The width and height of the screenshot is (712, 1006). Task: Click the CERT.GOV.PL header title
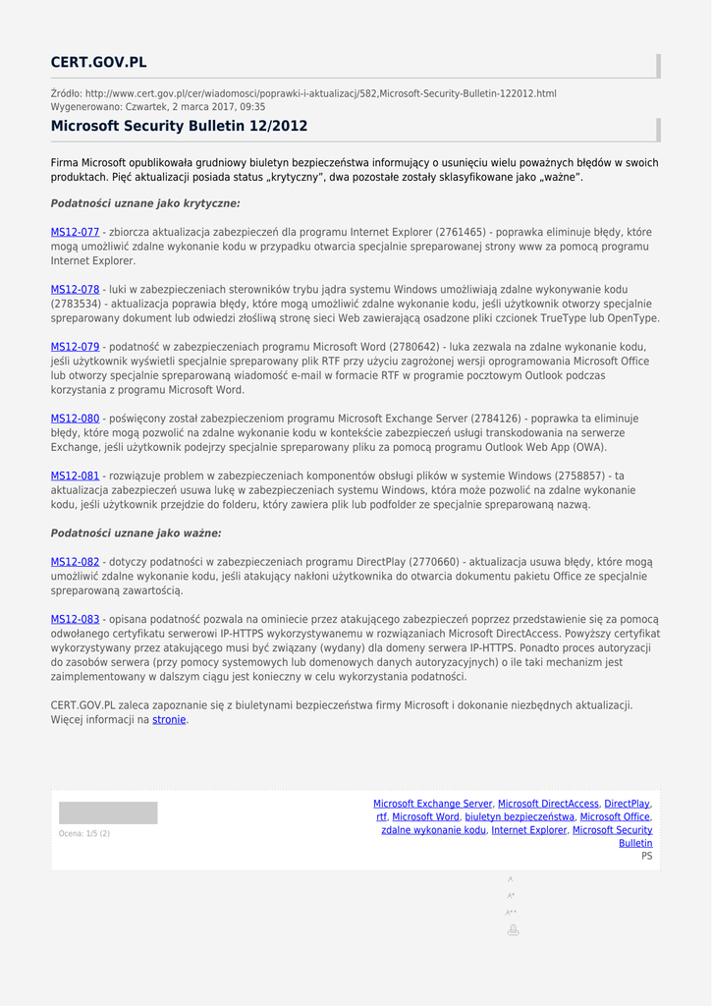[x=98, y=63]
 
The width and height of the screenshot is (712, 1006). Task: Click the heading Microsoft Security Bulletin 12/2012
[x=179, y=127]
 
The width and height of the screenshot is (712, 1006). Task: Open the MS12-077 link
[x=75, y=233]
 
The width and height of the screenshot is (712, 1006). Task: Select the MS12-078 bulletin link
[x=75, y=290]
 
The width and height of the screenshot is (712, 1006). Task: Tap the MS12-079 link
[x=75, y=347]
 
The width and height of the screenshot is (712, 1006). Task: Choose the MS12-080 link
[x=75, y=419]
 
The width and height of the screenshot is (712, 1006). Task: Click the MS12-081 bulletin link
[x=75, y=475]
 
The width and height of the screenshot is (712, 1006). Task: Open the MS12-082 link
[x=75, y=562]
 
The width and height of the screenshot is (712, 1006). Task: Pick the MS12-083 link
[x=75, y=619]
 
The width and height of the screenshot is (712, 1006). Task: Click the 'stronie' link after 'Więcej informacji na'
[x=169, y=720]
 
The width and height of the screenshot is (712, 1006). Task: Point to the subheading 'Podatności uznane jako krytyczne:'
[x=145, y=203]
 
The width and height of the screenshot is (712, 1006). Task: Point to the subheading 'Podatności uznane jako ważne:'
[x=136, y=533]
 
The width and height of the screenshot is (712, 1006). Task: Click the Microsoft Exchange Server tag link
[x=432, y=804]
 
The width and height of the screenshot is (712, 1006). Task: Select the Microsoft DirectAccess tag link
[x=548, y=804]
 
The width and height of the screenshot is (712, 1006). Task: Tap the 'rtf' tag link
[x=381, y=817]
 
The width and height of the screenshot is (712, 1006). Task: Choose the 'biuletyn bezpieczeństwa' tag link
[x=520, y=817]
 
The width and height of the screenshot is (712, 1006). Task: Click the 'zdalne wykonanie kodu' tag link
[x=433, y=830]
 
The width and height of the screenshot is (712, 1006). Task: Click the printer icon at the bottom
[x=512, y=930]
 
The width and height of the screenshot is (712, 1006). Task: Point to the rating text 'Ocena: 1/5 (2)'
[x=84, y=834]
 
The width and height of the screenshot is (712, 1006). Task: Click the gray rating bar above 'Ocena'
[x=108, y=812]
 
